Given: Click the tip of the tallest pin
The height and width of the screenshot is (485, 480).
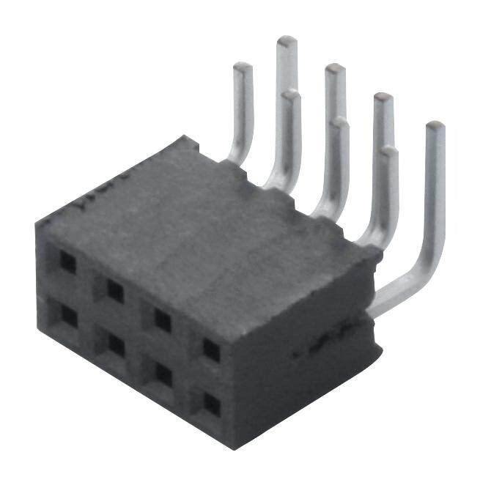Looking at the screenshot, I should coord(287,41).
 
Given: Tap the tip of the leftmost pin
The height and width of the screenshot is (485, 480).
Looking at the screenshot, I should coord(243,68).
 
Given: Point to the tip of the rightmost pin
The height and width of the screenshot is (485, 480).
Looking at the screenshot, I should coord(435,127).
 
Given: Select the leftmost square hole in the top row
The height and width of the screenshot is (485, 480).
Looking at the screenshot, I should coord(67,262).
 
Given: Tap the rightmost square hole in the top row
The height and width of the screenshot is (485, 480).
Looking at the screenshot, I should coord(211,350).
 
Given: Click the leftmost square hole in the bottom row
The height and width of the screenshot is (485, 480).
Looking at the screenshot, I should coord(68,316).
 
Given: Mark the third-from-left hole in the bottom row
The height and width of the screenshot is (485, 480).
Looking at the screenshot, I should coord(163,374).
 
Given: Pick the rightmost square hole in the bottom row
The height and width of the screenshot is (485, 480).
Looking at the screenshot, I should coord(211,404).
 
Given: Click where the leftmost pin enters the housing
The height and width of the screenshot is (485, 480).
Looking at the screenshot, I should coord(233,158).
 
